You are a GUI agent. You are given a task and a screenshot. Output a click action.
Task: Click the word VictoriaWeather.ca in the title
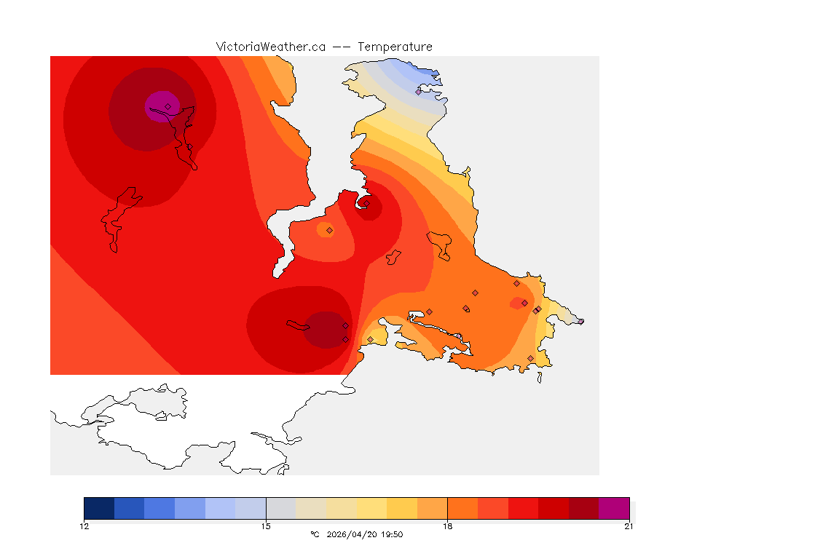pyautogui.click(x=270, y=47)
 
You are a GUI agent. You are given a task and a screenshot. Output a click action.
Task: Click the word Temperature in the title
pyautogui.click(x=395, y=47)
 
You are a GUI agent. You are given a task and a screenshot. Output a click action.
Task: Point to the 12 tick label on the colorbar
pyautogui.click(x=84, y=526)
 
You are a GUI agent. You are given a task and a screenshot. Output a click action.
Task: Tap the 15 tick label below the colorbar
pyautogui.click(x=266, y=526)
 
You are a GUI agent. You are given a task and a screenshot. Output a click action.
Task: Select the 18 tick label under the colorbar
pyautogui.click(x=447, y=526)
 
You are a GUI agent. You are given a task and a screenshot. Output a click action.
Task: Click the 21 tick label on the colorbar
pyautogui.click(x=629, y=526)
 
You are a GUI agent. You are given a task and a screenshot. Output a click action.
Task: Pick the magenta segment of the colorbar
pyautogui.click(x=614, y=508)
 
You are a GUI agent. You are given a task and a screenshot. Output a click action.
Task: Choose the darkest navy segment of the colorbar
pyautogui.click(x=99, y=508)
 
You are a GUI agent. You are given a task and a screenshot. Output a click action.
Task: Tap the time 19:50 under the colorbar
pyautogui.click(x=392, y=535)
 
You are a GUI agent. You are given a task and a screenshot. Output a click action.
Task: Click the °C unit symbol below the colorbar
pyautogui.click(x=315, y=535)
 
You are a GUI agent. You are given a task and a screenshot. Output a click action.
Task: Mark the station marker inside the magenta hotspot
pyautogui.click(x=168, y=106)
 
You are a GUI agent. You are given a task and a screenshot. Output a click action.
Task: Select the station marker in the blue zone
pyautogui.click(x=418, y=92)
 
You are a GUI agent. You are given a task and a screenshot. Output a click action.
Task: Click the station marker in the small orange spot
pyautogui.click(x=329, y=230)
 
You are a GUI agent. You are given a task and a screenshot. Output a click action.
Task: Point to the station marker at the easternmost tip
pyautogui.click(x=580, y=321)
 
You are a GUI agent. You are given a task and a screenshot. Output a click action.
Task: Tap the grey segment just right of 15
pyautogui.click(x=281, y=508)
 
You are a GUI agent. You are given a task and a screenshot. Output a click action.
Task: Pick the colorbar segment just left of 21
pyautogui.click(x=583, y=508)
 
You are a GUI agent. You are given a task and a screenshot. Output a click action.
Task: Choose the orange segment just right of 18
pyautogui.click(x=462, y=508)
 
